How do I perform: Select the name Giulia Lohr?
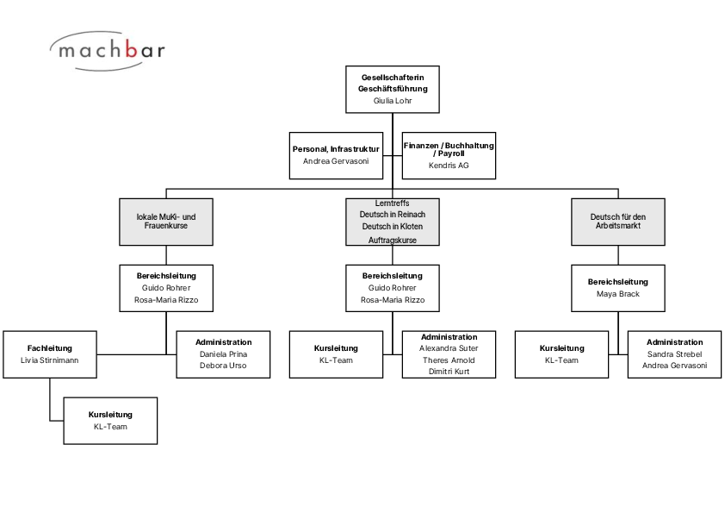tap(393, 101)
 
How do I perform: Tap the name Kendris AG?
tap(449, 166)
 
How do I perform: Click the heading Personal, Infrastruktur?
tap(336, 149)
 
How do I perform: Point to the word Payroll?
tap(451, 153)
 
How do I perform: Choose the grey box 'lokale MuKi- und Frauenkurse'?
tap(166, 222)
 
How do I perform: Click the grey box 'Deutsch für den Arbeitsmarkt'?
tap(618, 222)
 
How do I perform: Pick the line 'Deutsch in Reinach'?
tap(393, 215)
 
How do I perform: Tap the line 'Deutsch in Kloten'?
tap(393, 227)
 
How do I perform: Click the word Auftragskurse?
tap(393, 241)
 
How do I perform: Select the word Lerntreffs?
tap(393, 203)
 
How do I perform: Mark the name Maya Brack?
tap(618, 294)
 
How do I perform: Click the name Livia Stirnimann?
tap(49, 360)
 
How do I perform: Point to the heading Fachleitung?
tap(49, 348)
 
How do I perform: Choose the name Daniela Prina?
tap(223, 354)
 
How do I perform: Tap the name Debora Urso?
tap(223, 366)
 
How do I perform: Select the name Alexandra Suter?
tap(449, 348)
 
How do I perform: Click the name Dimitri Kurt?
tap(449, 372)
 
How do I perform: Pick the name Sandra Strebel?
tap(674, 354)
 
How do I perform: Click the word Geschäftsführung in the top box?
tap(393, 89)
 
